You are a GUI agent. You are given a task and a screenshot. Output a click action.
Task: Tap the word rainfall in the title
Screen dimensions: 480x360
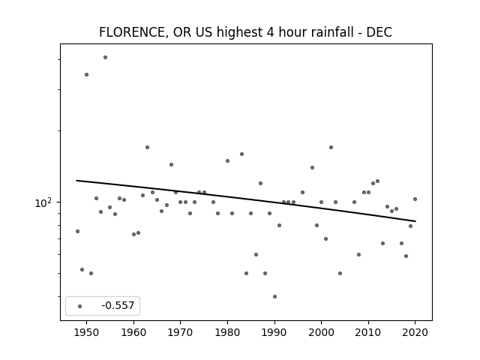point(332,31)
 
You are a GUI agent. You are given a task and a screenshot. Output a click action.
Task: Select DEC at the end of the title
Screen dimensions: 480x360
point(379,32)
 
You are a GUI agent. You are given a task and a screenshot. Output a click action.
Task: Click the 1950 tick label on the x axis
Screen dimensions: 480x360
point(87,332)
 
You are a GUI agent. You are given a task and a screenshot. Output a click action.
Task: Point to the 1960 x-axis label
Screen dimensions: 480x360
point(133,332)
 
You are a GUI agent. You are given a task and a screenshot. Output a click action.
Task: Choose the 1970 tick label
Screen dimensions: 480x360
point(180,332)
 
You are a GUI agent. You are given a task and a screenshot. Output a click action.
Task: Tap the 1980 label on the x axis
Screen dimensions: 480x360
point(227,332)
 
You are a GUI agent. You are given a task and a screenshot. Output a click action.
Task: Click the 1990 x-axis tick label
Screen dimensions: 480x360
point(274,332)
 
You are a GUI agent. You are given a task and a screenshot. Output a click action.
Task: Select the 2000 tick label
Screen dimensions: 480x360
point(321,332)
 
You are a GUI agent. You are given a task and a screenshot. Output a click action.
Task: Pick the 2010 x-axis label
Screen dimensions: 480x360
point(368,332)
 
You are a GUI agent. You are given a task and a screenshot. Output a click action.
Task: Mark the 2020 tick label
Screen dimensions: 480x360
point(415,332)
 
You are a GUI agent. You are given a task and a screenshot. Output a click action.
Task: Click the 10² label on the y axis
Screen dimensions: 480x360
point(43,203)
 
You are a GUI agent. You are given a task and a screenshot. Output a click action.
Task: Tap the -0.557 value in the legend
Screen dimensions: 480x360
point(118,305)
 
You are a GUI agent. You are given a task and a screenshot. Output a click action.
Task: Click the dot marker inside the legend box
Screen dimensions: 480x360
point(80,306)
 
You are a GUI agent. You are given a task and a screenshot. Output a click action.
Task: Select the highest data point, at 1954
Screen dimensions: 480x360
point(105,57)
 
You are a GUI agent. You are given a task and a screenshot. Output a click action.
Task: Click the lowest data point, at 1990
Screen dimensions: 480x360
point(275,296)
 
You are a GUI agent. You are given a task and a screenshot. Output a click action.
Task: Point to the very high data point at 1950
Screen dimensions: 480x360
point(87,74)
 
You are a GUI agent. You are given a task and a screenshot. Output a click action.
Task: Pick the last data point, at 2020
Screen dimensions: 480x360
point(415,199)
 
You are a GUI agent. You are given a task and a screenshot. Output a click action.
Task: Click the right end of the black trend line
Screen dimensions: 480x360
point(415,221)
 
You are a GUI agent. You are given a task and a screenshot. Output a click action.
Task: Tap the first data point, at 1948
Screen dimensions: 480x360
point(77,231)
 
